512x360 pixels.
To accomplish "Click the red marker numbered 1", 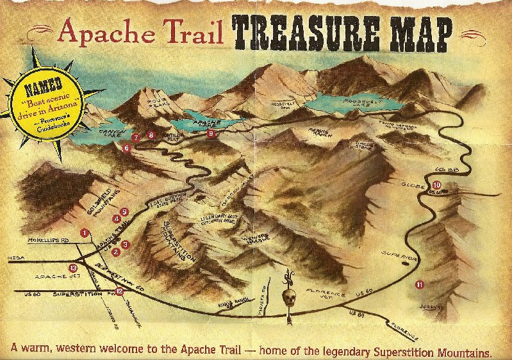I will (x=84, y=232).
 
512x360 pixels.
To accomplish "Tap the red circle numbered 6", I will (x=126, y=148).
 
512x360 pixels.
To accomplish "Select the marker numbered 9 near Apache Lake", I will (x=211, y=133).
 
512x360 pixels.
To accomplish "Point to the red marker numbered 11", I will (x=420, y=284).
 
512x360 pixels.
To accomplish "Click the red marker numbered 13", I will (x=72, y=268).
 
